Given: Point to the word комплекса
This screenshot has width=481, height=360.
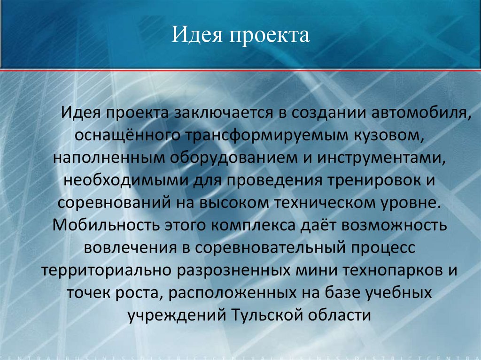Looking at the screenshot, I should (x=252, y=225).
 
